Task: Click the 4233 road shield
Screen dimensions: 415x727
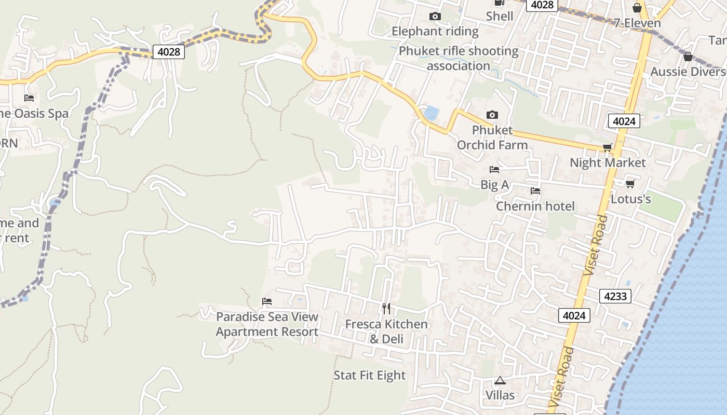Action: tap(615, 296)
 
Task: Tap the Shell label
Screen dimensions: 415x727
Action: tap(500, 16)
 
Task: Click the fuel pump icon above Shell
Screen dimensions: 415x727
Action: tap(500, 3)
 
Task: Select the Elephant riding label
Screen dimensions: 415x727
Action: tap(435, 31)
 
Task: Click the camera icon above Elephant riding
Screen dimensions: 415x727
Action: tap(435, 17)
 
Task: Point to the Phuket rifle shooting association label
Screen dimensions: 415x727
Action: tap(459, 58)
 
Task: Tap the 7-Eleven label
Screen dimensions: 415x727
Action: tap(637, 23)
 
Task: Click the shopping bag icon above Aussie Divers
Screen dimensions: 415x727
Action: tap(688, 57)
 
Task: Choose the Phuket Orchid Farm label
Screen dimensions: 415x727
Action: tap(492, 137)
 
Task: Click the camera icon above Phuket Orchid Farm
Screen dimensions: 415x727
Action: tap(492, 115)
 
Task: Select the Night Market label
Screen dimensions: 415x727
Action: tap(608, 162)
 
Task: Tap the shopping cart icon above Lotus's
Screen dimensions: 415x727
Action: tap(630, 184)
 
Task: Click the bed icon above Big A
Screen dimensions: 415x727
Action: tap(494, 170)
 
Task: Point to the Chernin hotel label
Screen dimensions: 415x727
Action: tap(535, 206)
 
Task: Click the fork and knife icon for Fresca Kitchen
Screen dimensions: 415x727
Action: tap(386, 309)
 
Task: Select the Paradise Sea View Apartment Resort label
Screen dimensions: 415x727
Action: tap(267, 324)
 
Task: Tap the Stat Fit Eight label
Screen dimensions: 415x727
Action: tap(370, 375)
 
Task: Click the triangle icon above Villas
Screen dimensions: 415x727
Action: tap(500, 381)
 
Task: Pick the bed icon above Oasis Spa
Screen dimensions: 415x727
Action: tap(29, 98)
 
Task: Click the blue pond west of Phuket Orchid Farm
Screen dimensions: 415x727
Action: tap(431, 113)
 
